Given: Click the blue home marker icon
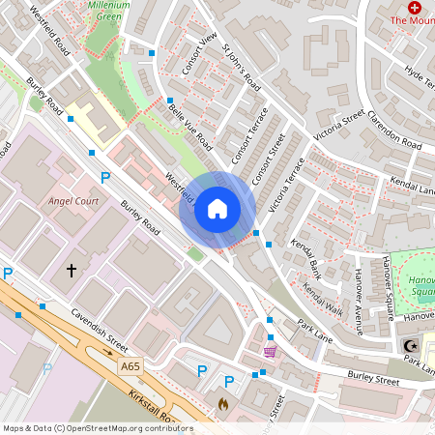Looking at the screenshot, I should tap(217, 209).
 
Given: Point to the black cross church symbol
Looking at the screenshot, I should tap(71, 270).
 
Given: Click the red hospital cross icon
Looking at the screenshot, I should tap(415, 7).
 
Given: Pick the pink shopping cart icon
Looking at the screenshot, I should tap(269, 350).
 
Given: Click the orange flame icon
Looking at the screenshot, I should tap(223, 404).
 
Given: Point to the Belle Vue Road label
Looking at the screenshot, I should tap(190, 127).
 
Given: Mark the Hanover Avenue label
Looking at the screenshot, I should tap(357, 291).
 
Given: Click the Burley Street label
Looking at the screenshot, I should tap(373, 369).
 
